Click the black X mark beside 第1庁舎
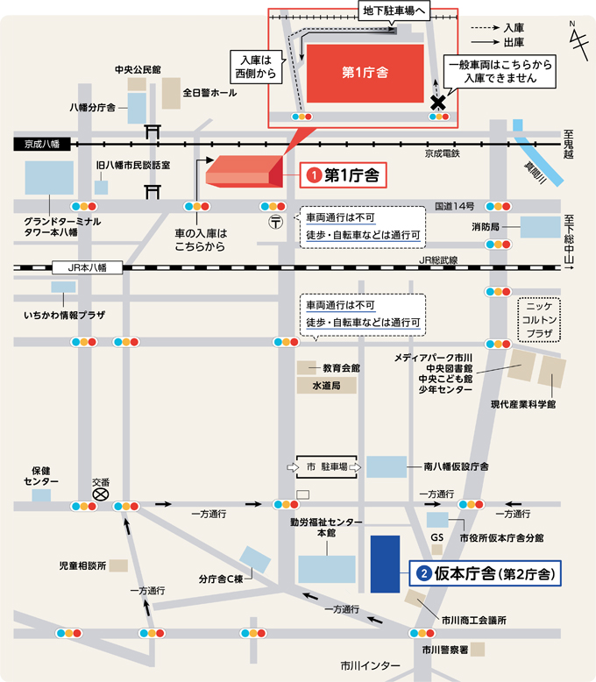(x=438, y=102)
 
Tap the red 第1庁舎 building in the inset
(x=364, y=74)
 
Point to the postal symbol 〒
(x=276, y=221)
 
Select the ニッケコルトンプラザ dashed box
(x=539, y=320)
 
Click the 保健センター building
(x=41, y=495)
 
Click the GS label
(x=437, y=537)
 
